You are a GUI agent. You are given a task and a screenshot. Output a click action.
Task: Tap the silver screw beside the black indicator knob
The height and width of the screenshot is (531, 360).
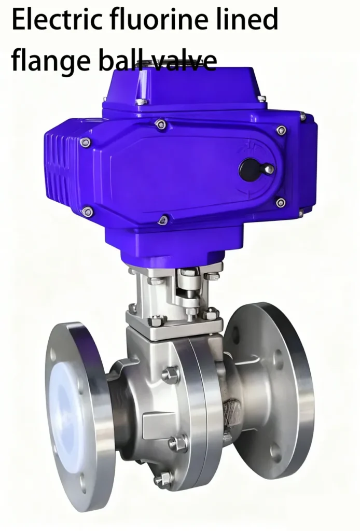point(268,169)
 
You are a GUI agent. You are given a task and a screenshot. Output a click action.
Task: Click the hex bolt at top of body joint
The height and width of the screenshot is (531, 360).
point(171,374)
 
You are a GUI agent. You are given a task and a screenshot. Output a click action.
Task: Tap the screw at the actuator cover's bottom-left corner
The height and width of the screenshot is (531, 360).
point(88,212)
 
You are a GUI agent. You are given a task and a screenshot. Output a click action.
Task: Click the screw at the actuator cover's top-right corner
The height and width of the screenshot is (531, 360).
point(281,130)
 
